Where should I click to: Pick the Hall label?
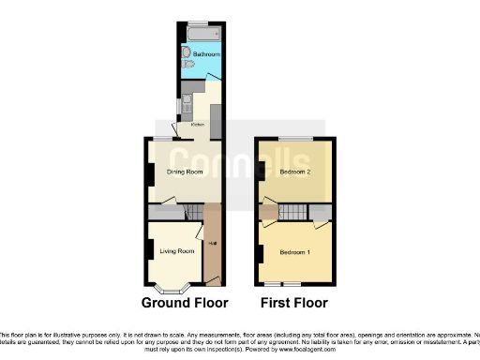pyautogui.click(x=213, y=246)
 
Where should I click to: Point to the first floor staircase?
pyautogui.click(x=297, y=212)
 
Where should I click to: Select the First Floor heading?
pyautogui.click(x=294, y=303)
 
